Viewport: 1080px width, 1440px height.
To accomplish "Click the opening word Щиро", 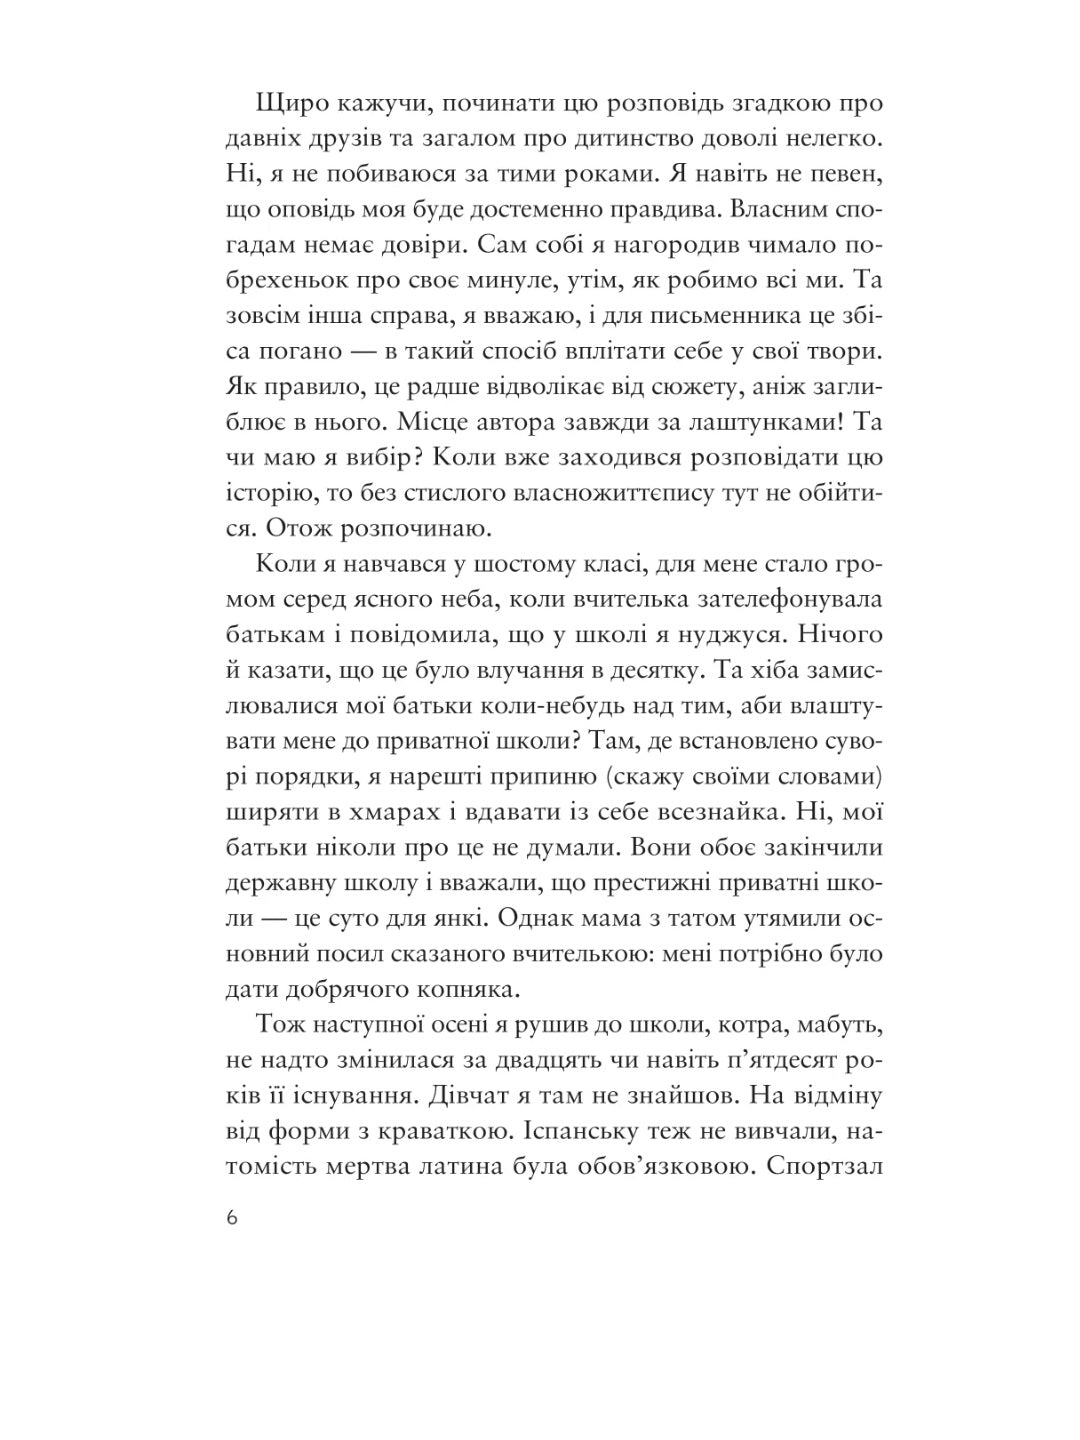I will coord(290,104).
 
